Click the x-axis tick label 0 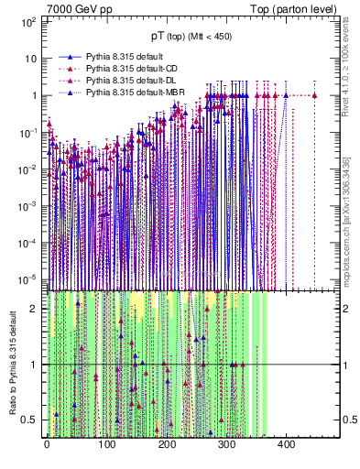pyautogui.click(x=47, y=446)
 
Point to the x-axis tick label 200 pyautogui.click(x=166, y=446)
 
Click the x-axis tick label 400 pyautogui.click(x=286, y=446)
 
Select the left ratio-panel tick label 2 pyautogui.click(x=36, y=309)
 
